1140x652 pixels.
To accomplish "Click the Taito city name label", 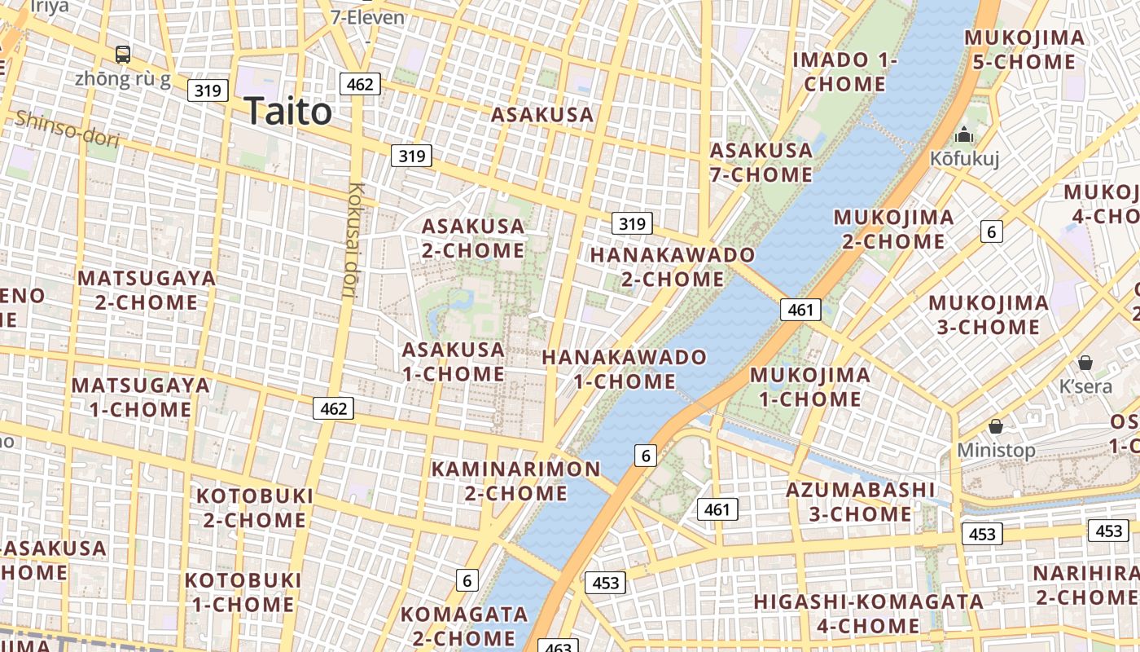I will (287, 111).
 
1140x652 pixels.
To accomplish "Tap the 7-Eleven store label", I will (367, 16).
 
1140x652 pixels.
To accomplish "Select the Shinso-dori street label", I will (68, 130).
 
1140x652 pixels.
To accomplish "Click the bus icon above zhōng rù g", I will (123, 55).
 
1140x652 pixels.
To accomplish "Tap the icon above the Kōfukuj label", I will (965, 134).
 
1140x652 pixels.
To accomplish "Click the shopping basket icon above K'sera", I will (1085, 363).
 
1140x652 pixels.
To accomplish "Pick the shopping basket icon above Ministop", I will (995, 426).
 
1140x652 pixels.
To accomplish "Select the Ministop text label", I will (996, 450).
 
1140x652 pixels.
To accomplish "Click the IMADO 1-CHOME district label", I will (844, 72).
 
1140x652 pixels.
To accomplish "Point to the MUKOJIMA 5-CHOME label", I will (1024, 50).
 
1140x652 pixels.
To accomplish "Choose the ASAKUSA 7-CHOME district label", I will (761, 162).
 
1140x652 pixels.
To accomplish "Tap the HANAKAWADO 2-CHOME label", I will (673, 267).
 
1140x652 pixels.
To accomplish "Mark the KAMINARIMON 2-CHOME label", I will (515, 481).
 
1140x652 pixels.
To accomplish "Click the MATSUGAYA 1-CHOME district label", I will (140, 397).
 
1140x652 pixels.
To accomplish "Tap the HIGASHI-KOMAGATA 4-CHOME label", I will (868, 614).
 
